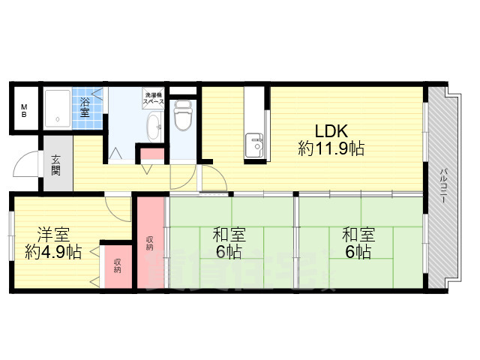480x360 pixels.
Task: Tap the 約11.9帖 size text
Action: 331,148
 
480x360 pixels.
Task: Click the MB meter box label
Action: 23,110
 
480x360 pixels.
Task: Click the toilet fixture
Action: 183,115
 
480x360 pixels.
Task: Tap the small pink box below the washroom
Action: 152,155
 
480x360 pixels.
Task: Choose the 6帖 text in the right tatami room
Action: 358,253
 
